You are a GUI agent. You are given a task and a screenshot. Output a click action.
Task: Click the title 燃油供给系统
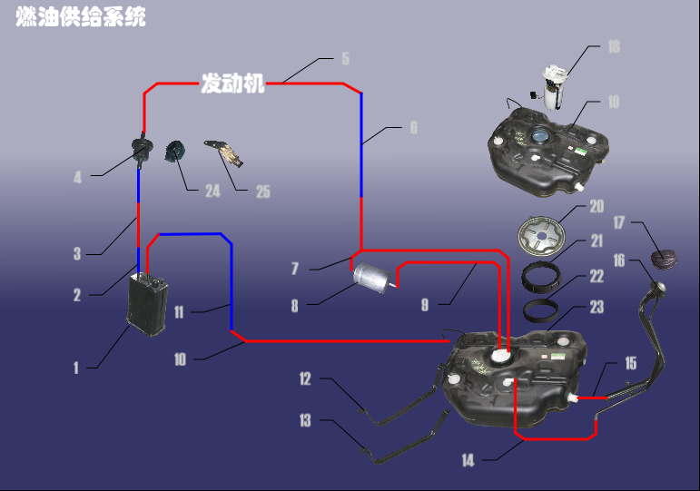81,17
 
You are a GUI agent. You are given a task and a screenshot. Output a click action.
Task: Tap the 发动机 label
232,83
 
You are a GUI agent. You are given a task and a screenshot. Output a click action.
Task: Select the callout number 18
614,47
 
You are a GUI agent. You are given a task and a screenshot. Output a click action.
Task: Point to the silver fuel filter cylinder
373,278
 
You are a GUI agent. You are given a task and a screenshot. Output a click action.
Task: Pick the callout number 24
213,191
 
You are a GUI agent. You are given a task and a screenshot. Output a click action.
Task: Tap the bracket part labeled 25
224,153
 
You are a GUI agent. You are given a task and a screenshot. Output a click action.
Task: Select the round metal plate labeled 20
541,237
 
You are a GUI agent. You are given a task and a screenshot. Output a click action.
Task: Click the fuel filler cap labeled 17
664,260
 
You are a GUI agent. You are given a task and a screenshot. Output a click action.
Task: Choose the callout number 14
468,460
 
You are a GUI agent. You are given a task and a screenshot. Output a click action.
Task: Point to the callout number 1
76,368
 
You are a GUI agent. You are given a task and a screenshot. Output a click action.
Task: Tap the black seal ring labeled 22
540,310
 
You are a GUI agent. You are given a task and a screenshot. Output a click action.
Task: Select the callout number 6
414,128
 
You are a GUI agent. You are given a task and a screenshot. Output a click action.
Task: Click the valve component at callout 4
143,149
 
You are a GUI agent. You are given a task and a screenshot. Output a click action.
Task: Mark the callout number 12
305,379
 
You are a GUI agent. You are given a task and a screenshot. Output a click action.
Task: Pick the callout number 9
425,305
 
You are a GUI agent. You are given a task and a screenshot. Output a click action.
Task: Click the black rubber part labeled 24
175,152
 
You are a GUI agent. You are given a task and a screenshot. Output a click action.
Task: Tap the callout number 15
630,363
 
